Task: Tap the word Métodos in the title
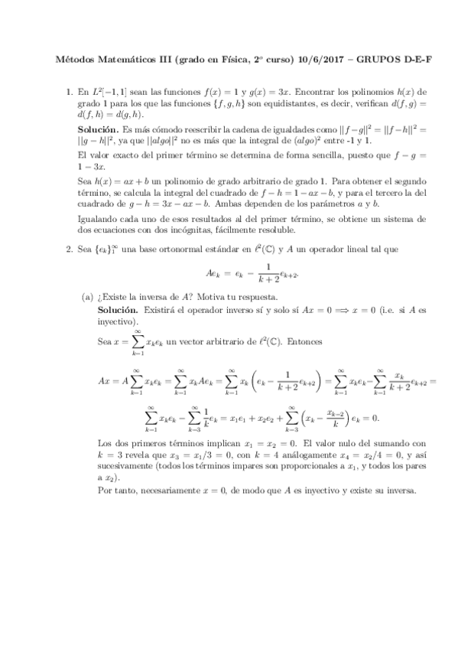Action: click(x=77, y=59)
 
